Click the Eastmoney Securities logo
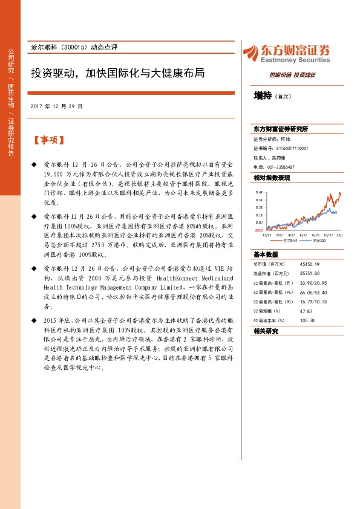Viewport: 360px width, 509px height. pyautogui.click(x=286, y=53)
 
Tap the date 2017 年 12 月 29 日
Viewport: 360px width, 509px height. pyautogui.click(x=56, y=106)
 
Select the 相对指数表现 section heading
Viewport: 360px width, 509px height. pyautogui.click(x=272, y=178)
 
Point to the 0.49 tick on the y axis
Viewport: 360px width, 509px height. pyautogui.click(x=259, y=192)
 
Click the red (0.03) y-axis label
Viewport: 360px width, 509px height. pyautogui.click(x=258, y=230)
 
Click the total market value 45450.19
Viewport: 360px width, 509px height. pyautogui.click(x=310, y=264)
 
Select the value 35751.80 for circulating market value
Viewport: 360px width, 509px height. pyautogui.click(x=310, y=273)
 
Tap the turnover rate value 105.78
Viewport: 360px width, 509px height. pyautogui.click(x=307, y=320)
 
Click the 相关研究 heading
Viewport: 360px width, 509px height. pyautogui.click(x=266, y=331)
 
